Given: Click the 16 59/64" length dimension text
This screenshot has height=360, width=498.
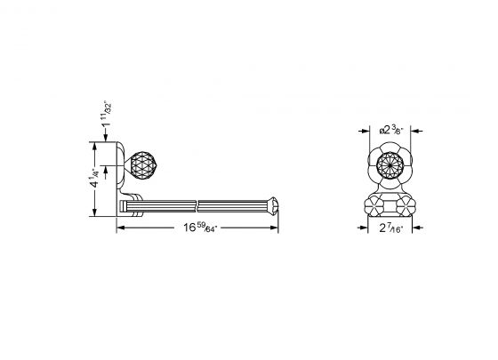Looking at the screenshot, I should point(200,228).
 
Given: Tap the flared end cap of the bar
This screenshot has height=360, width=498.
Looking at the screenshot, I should point(272,208).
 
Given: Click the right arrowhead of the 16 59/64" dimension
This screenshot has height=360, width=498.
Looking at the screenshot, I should point(276,228).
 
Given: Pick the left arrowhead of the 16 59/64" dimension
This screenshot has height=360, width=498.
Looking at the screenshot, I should point(121,228).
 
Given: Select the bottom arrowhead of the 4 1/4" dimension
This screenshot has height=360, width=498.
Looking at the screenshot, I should point(96,213).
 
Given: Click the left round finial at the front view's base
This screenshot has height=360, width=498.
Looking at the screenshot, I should point(374,204).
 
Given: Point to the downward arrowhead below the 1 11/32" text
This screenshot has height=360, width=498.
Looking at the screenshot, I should point(109,141).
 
